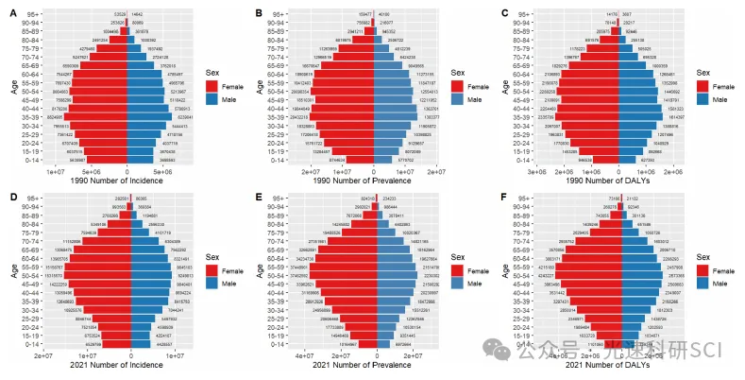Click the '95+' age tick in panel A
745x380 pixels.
pyautogui.click(x=33, y=15)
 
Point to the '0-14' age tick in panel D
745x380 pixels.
pyautogui.click(x=31, y=345)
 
